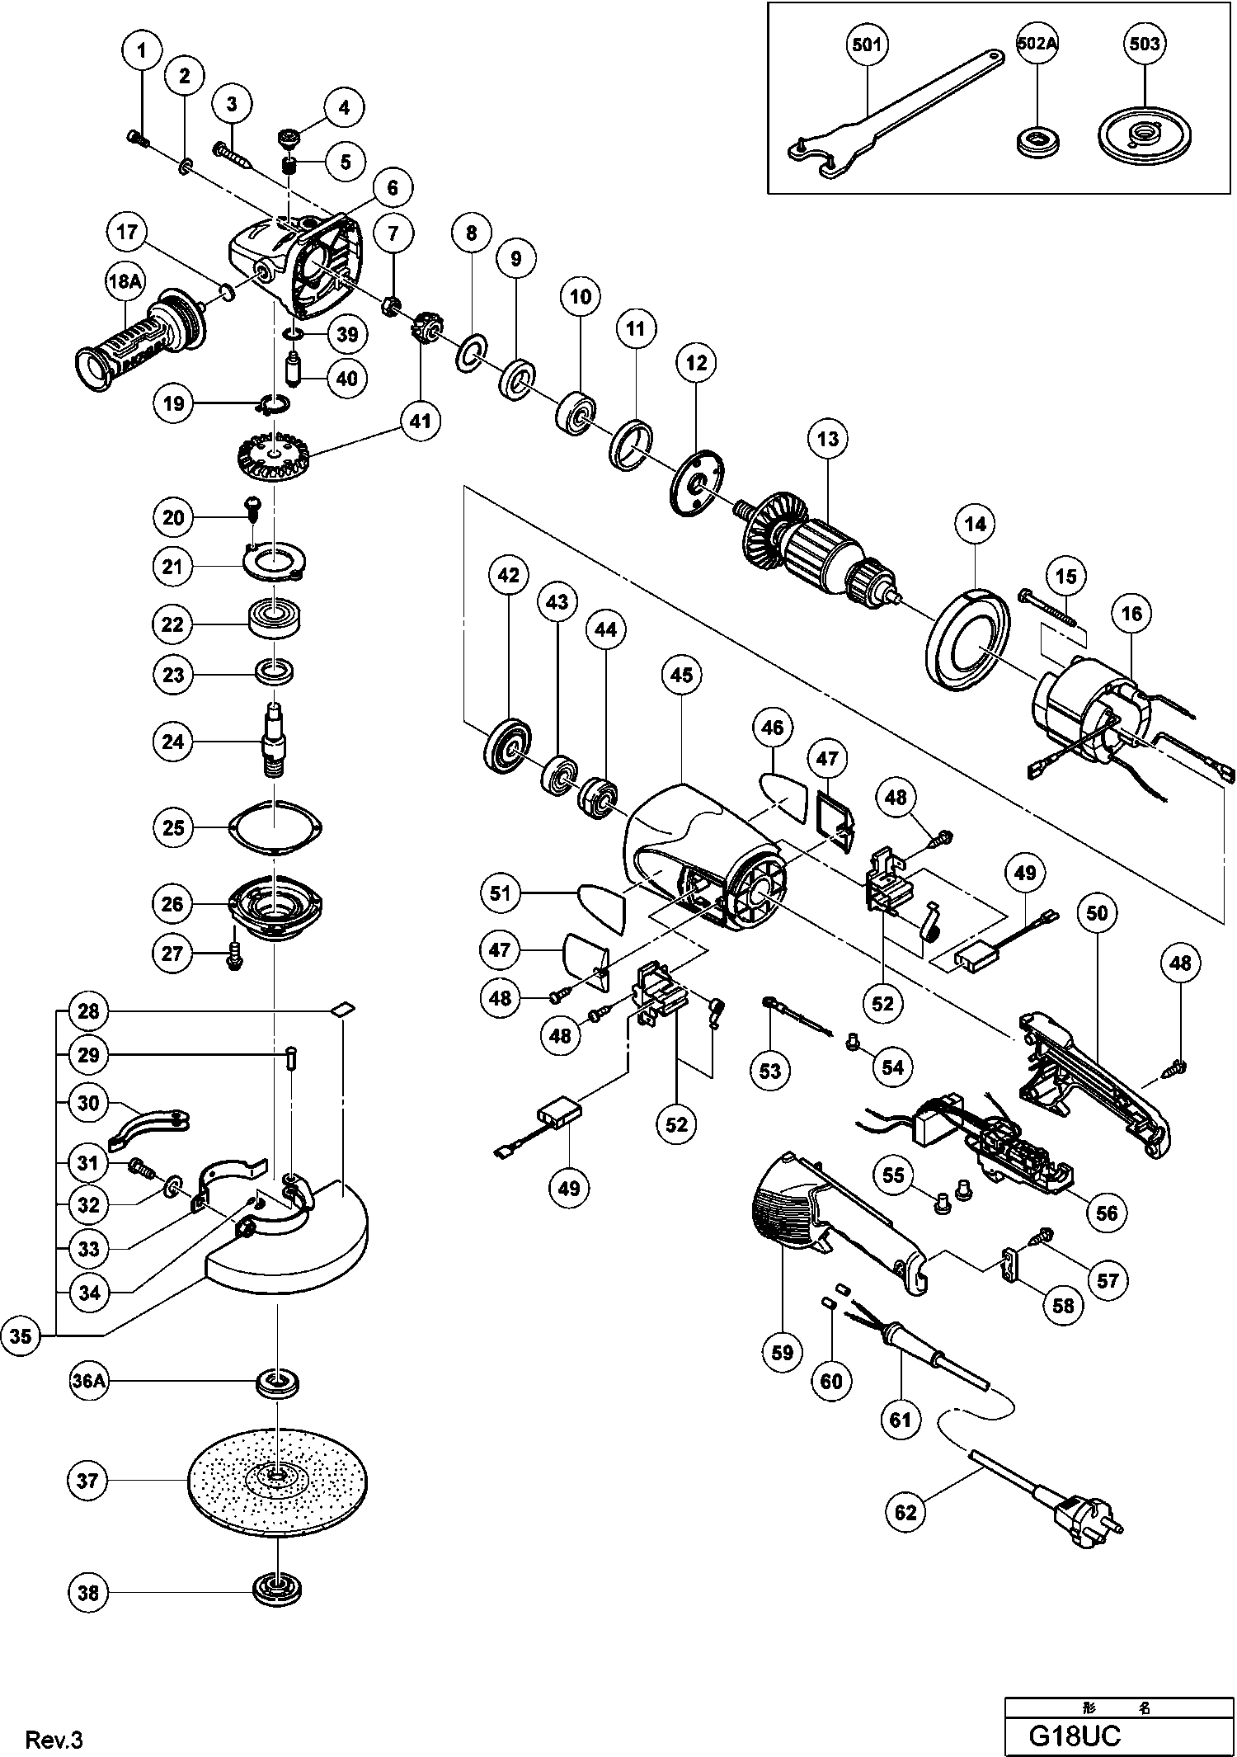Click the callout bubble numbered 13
pyautogui.click(x=828, y=438)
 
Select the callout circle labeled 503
pyautogui.click(x=1145, y=44)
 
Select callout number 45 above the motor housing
pyautogui.click(x=681, y=675)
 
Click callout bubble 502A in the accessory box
pyautogui.click(x=1037, y=44)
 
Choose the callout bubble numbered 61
pyautogui.click(x=900, y=1419)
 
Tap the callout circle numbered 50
pyautogui.click(x=1103, y=913)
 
